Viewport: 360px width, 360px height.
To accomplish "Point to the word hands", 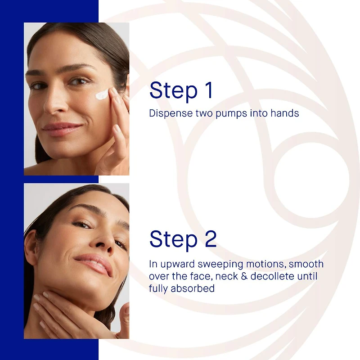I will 284,113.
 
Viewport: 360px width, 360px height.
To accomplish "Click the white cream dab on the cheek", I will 103,94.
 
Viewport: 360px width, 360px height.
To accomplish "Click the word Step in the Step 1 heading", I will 173,90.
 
